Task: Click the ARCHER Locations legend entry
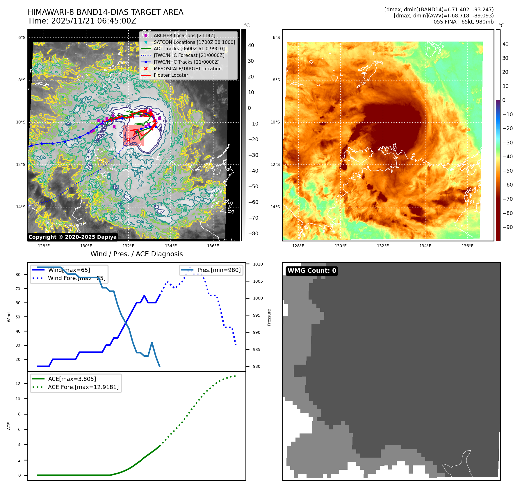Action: [x=184, y=35]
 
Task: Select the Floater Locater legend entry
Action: [x=171, y=75]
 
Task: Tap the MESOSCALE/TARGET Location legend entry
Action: [x=187, y=69]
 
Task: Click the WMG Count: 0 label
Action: [x=312, y=271]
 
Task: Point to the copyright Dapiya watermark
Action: [x=72, y=237]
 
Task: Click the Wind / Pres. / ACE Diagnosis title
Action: [x=136, y=254]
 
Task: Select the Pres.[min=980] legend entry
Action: [x=219, y=270]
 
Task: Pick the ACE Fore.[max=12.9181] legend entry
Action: [x=83, y=387]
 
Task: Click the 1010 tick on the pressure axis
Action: [x=258, y=264]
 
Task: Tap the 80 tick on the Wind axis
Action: [x=18, y=275]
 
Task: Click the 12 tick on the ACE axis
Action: [x=18, y=384]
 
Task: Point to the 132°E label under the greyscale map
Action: [x=128, y=246]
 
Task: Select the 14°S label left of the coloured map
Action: [x=275, y=207]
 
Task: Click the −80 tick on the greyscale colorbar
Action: [x=253, y=234]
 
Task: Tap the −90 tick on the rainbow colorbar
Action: [x=508, y=227]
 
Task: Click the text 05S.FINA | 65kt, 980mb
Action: [x=463, y=22]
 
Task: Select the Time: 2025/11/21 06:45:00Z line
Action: [x=82, y=21]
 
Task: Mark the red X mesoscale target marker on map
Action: [x=129, y=140]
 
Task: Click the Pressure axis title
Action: [x=269, y=317]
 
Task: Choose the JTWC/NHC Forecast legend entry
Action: [x=189, y=55]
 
